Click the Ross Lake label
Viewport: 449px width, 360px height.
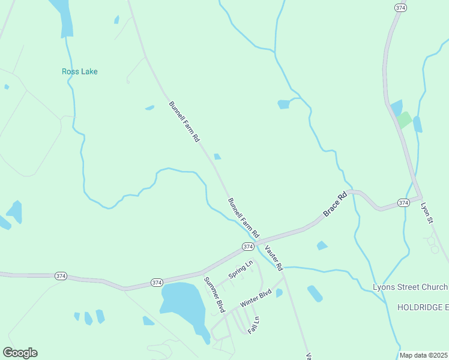(x=79, y=71)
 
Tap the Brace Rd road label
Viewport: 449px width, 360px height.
(x=335, y=204)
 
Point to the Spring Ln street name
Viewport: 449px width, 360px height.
(x=241, y=270)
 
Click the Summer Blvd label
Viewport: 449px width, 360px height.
(x=214, y=294)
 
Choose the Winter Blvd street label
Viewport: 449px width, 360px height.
(x=256, y=298)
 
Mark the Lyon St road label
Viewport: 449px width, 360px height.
(x=427, y=214)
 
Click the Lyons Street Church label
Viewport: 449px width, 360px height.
(x=411, y=287)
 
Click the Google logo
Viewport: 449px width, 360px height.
(x=20, y=353)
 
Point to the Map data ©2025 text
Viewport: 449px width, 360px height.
(x=423, y=355)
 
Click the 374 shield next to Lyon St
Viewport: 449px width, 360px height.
(x=403, y=203)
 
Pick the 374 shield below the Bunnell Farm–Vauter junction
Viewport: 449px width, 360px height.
(x=248, y=247)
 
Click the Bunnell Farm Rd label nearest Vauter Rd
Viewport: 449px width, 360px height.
(x=243, y=217)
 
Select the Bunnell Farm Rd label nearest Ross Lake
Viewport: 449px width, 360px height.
(x=184, y=121)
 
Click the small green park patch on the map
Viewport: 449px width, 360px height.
(x=405, y=119)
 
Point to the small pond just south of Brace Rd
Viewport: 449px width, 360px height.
(x=322, y=245)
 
